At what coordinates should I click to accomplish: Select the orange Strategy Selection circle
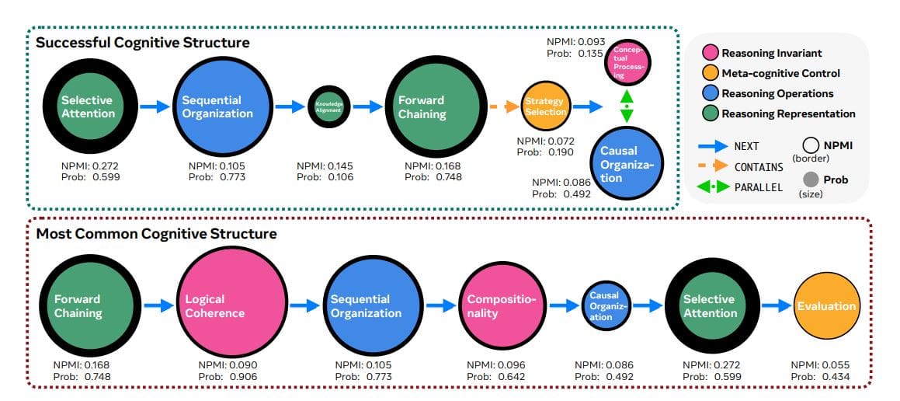(x=544, y=106)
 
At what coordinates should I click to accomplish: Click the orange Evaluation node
(x=826, y=305)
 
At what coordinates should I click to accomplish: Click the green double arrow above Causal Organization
(x=627, y=103)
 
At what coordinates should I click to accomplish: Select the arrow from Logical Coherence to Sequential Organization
(x=302, y=305)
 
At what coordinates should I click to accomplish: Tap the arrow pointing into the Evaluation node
(x=776, y=305)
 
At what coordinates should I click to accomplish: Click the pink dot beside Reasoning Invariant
(x=709, y=54)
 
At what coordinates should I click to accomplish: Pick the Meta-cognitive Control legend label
(x=780, y=74)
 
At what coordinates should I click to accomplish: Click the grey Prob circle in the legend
(x=811, y=180)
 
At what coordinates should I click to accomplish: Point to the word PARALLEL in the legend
(x=758, y=187)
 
